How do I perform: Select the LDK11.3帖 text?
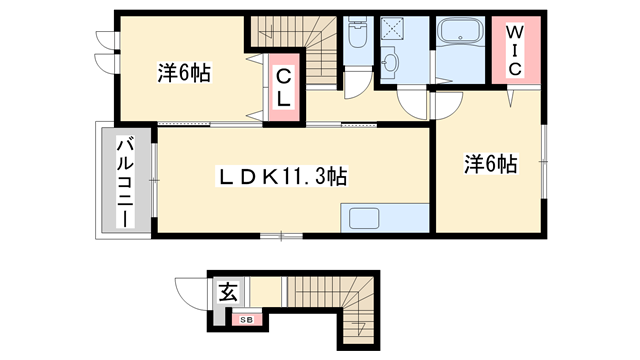point(284,178)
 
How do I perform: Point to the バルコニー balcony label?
point(125,181)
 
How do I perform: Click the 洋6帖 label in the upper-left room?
point(183,73)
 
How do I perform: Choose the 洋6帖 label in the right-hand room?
point(489,164)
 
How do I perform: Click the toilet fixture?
point(357,37)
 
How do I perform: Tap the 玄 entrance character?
point(229,294)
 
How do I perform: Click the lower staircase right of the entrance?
point(331,306)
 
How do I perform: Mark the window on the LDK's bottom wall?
point(281,236)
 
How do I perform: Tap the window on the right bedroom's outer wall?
point(544,155)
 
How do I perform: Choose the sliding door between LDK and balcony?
point(154,179)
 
